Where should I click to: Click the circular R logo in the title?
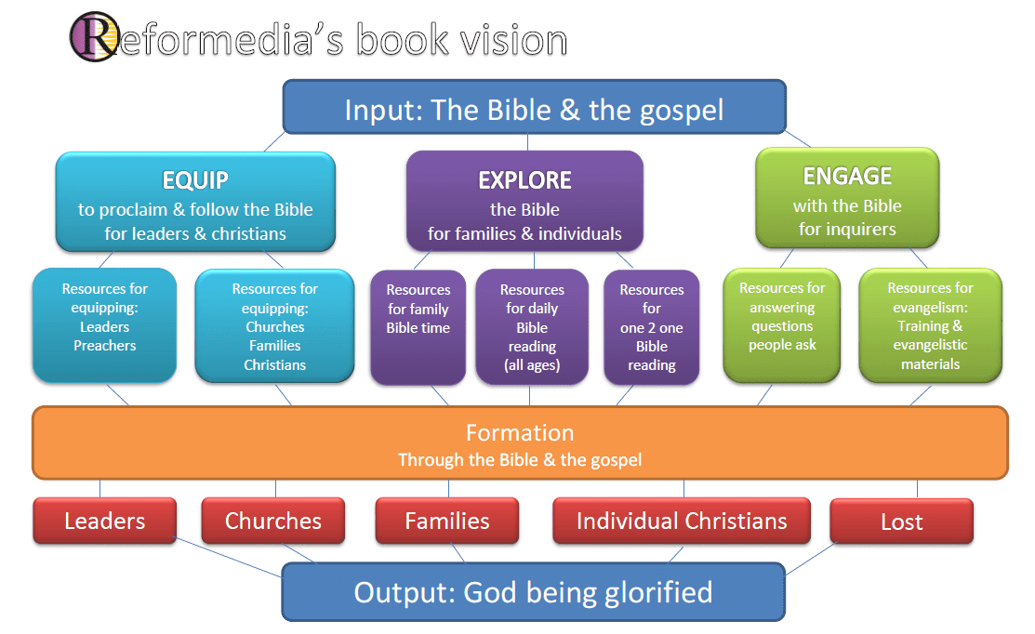tap(95, 37)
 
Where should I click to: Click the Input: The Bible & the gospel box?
tap(534, 108)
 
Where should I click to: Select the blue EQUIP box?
tap(195, 202)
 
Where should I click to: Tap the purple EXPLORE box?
tap(524, 202)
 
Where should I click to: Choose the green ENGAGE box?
tap(847, 198)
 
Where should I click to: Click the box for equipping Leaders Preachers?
tap(104, 326)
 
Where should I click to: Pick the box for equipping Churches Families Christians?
tap(274, 326)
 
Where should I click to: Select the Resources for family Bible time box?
tap(418, 327)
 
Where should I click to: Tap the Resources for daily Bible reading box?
tap(532, 326)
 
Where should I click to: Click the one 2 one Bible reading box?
tap(652, 327)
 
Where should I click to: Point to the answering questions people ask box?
tap(782, 325)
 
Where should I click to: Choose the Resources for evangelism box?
tap(930, 325)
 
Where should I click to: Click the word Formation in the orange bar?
tap(520, 433)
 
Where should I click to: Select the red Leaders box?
tap(105, 521)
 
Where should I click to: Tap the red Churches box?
tap(273, 521)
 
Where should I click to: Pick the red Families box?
tap(447, 521)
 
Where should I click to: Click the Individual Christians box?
tap(682, 521)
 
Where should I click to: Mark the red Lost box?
tap(902, 522)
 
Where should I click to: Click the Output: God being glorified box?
tap(534, 592)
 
